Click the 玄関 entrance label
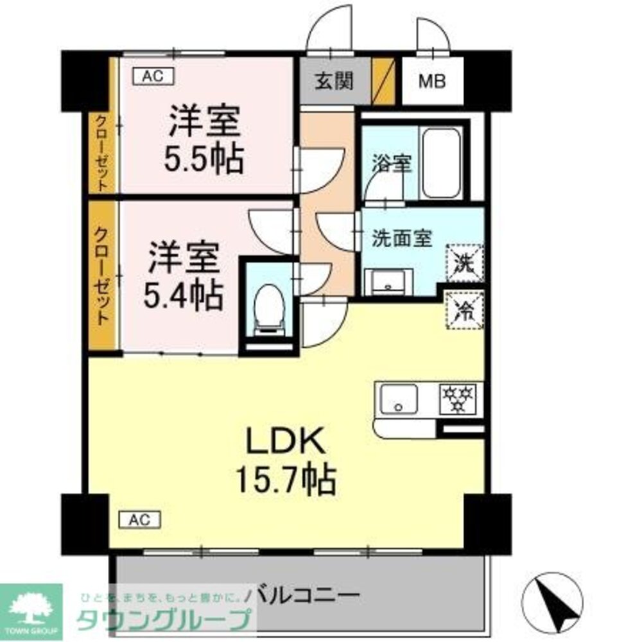pos(334,82)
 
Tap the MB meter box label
pos(431,82)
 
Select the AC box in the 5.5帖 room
pos(153,76)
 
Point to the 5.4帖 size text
pos(184,295)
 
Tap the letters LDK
pos(285,442)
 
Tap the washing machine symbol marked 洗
pos(464,263)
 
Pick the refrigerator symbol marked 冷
pos(464,309)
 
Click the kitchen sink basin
pos(399,399)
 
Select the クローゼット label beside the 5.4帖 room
pos(101,275)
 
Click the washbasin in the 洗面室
pos(388,282)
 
